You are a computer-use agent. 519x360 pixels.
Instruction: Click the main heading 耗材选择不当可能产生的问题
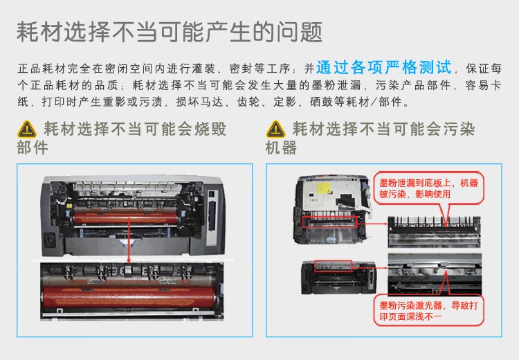(169, 32)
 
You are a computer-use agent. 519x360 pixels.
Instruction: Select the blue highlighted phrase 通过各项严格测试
(384, 69)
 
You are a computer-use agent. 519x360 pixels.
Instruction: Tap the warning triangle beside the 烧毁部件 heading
(27, 129)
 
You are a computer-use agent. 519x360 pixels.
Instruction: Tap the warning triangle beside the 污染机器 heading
(276, 129)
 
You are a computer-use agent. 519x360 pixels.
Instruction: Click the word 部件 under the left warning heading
(32, 147)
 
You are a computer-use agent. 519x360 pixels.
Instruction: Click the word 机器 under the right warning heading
(281, 147)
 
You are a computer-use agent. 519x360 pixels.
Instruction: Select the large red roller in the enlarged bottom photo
(131, 291)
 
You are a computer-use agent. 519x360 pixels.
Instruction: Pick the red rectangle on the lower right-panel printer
(333, 266)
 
